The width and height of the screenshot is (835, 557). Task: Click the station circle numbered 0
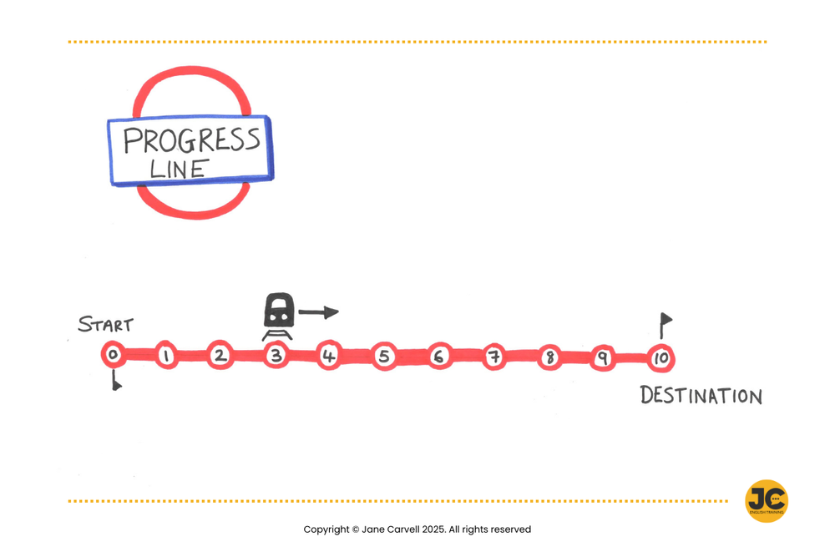tap(113, 356)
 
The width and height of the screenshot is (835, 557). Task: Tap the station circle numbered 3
tap(276, 357)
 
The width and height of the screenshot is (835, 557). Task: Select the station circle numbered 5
tap(383, 357)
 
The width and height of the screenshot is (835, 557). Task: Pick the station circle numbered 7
tap(493, 357)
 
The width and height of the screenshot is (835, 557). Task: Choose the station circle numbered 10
tap(660, 358)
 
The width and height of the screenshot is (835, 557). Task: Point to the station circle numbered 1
tap(166, 357)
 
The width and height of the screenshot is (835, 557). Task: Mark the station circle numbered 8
tap(549, 358)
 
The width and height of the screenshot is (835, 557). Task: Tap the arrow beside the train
tap(318, 312)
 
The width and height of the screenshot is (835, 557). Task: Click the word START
tap(105, 325)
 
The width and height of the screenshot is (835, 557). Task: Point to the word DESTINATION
tap(701, 396)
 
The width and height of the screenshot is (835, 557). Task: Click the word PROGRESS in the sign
tap(191, 140)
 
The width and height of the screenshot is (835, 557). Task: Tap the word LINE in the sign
tap(178, 169)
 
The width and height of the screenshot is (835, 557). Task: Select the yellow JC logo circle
tap(766, 501)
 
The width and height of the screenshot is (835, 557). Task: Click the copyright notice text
tap(417, 529)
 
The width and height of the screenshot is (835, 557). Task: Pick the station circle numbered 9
tap(601, 358)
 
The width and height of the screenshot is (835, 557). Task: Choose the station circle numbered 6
tap(438, 357)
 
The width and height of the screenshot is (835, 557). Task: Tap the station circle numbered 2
tap(220, 357)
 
